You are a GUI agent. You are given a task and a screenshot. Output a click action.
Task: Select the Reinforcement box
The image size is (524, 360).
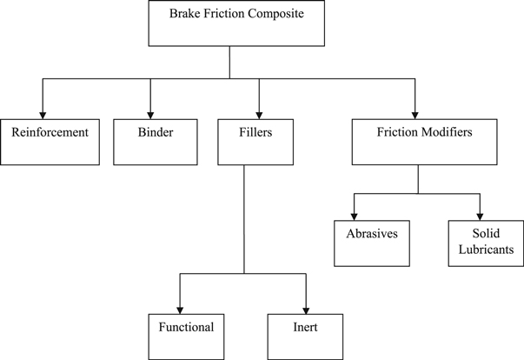tap(50, 141)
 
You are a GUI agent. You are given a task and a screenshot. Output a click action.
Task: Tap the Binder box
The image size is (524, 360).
tap(155, 141)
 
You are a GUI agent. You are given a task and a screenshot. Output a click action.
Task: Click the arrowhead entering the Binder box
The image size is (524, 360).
tap(151, 111)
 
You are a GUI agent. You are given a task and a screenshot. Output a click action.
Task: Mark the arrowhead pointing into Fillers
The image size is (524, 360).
tap(260, 111)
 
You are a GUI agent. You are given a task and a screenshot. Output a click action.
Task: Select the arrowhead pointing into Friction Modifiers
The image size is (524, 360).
tap(415, 111)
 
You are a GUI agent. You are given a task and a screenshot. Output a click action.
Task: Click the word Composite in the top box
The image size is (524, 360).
tap(273, 14)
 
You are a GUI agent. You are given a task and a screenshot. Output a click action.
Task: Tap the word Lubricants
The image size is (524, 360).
tap(487, 250)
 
